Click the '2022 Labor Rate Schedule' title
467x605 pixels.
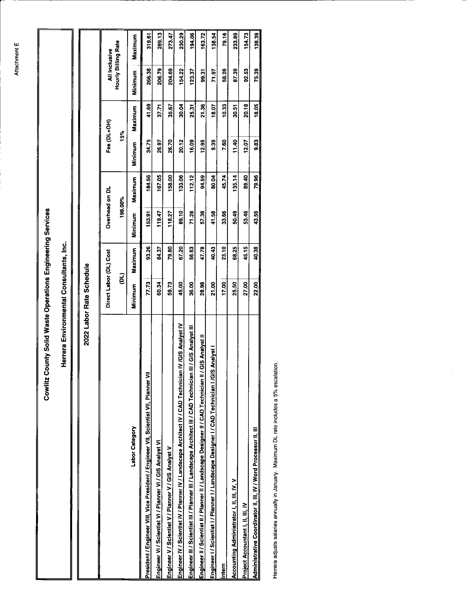pyautogui.click(x=86, y=305)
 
